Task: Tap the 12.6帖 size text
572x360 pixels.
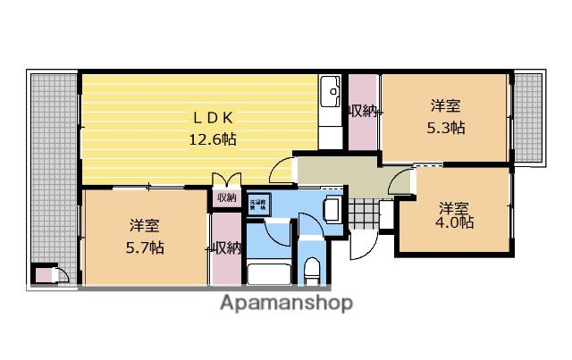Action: point(212,138)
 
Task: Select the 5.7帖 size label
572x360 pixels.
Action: point(145,247)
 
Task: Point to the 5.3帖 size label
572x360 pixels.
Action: point(444,127)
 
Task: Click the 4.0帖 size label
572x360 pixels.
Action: point(456,222)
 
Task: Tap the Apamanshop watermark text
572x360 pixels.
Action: point(286,302)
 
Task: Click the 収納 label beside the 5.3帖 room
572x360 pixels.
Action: point(363,112)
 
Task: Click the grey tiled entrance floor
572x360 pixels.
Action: point(365,214)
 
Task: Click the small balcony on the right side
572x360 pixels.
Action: point(528,116)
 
